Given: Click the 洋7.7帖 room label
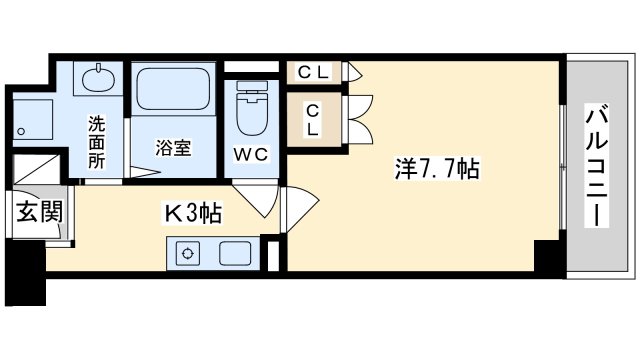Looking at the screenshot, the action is (437, 169).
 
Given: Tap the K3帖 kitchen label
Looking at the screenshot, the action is (193, 213).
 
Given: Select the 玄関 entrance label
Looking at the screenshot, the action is (40, 211).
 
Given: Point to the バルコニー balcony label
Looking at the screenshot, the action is (598, 165).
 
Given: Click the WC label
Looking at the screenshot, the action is (251, 154).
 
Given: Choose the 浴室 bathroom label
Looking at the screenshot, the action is (173, 148).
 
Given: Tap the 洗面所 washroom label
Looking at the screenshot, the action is (97, 142).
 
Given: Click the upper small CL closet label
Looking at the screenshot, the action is (313, 73).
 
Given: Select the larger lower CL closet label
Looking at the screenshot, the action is (313, 120).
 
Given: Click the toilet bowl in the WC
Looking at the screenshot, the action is (252, 108).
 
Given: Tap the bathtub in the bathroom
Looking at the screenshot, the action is (173, 89).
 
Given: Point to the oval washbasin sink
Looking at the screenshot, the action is (98, 79).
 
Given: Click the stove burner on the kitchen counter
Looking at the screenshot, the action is (188, 253).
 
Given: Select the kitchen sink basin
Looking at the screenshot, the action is (236, 253).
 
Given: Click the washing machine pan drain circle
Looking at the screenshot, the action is (21, 131).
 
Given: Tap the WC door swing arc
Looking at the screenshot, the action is (256, 201).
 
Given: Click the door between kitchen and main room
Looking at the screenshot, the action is (300, 209).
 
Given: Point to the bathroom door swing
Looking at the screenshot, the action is (144, 172).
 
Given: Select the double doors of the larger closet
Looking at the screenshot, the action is (358, 120).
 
